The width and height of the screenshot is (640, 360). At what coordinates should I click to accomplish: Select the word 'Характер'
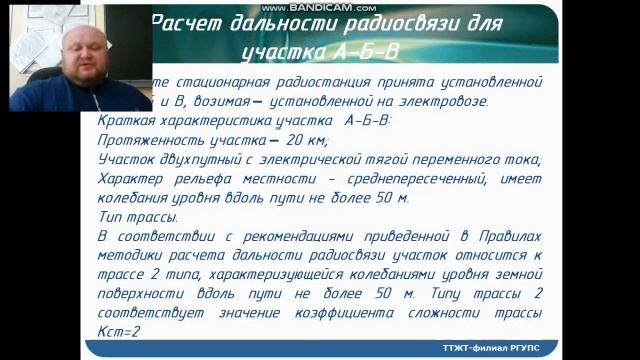[135, 179]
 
